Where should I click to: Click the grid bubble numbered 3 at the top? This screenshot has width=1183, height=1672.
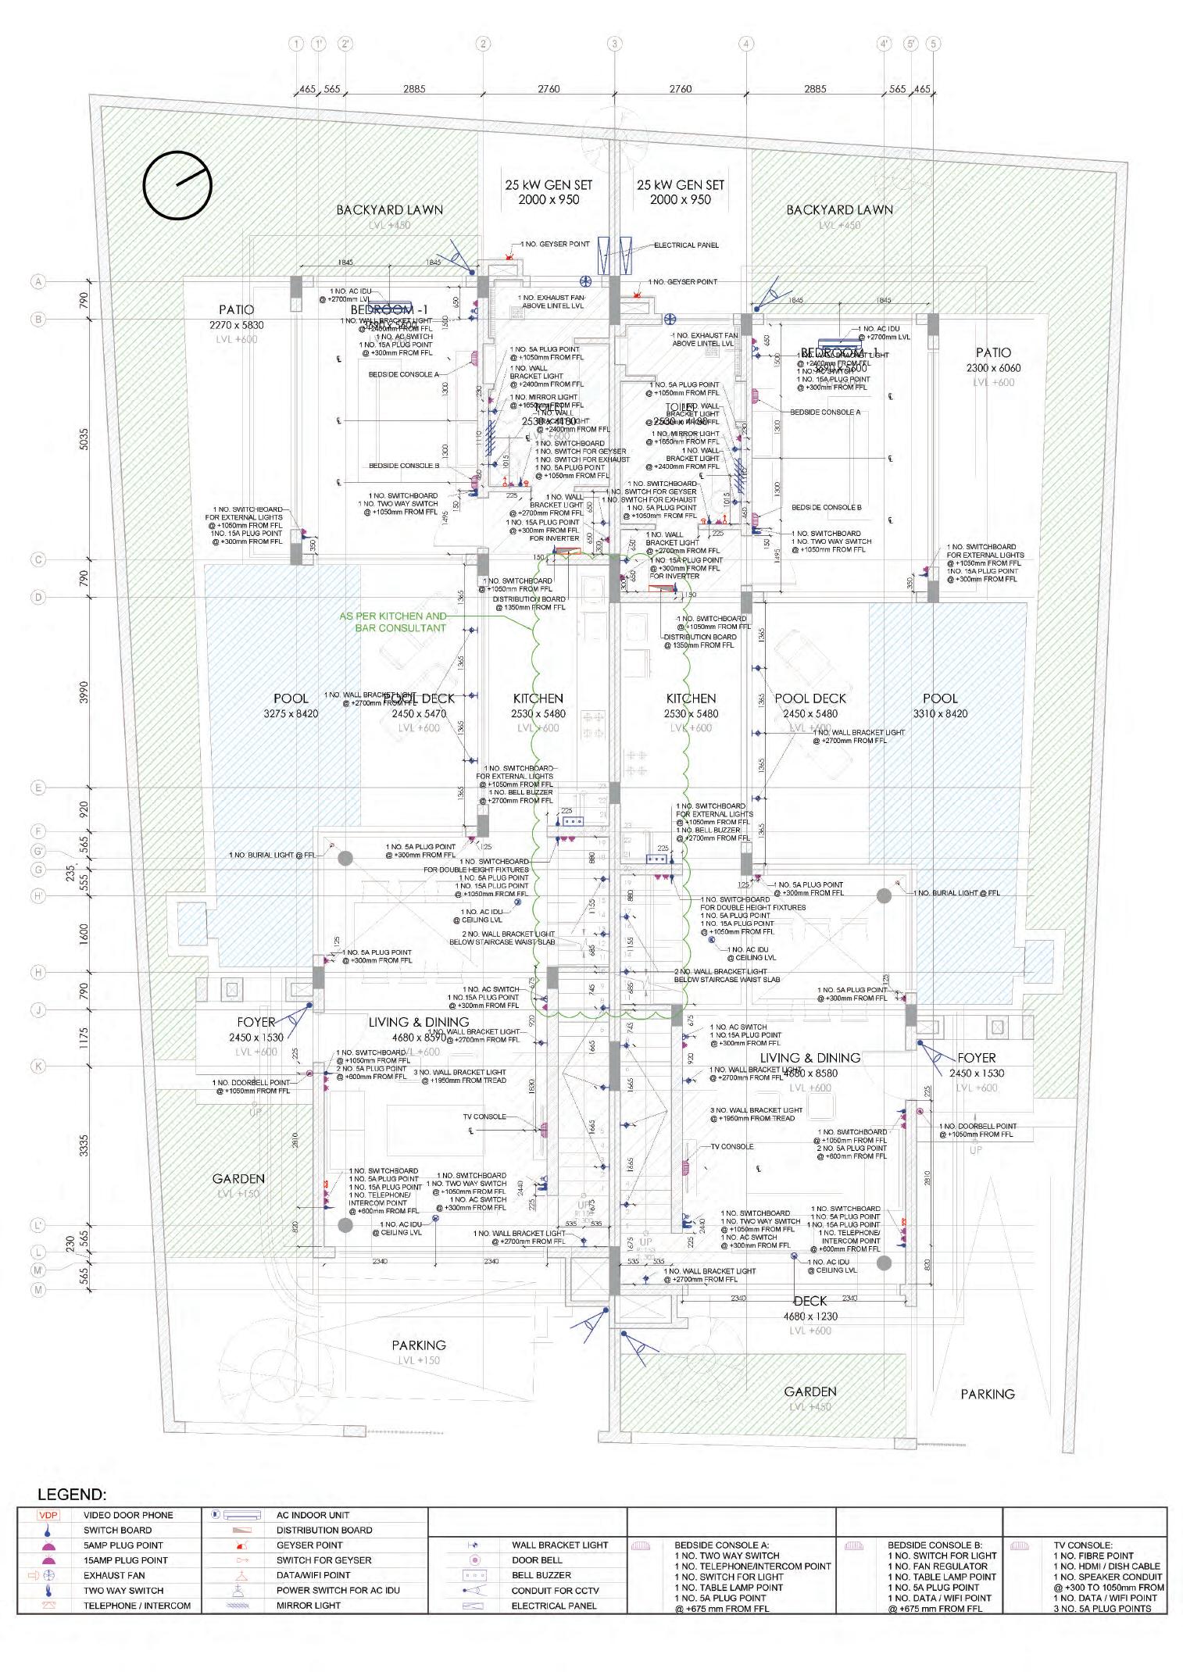click(x=614, y=44)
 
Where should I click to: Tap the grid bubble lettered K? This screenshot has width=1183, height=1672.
click(x=38, y=1066)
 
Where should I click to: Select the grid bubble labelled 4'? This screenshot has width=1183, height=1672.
click(x=885, y=44)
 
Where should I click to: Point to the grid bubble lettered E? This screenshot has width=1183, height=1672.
click(x=38, y=788)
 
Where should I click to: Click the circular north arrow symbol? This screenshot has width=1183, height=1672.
click(x=177, y=185)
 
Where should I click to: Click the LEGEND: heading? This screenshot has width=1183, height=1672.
click(x=72, y=1495)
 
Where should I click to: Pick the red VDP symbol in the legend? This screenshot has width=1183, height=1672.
click(x=48, y=1515)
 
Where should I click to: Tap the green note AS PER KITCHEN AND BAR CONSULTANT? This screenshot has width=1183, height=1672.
click(x=393, y=622)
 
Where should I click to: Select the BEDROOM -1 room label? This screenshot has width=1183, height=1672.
click(x=389, y=310)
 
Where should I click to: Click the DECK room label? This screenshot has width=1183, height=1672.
click(x=810, y=1301)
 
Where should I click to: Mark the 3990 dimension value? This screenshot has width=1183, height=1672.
click(x=84, y=693)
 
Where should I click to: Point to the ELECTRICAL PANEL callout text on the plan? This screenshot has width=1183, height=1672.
click(x=686, y=245)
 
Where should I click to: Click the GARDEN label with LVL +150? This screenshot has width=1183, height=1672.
click(x=238, y=1179)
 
